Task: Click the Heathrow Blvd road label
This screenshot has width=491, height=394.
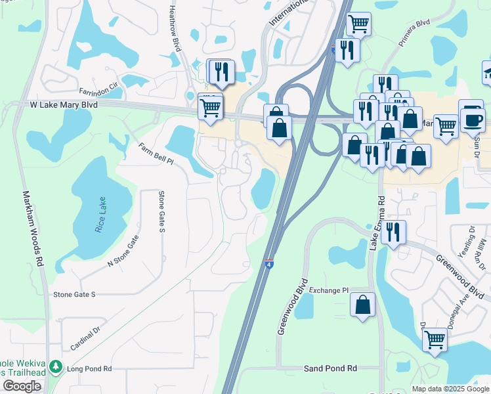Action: click(174, 30)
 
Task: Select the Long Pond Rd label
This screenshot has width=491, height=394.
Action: click(89, 369)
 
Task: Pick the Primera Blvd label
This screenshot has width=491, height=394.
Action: click(414, 32)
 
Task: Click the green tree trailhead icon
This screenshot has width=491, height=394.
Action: click(58, 366)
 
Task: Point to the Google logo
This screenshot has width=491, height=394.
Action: click(22, 386)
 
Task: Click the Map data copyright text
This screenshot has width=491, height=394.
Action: click(450, 389)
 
